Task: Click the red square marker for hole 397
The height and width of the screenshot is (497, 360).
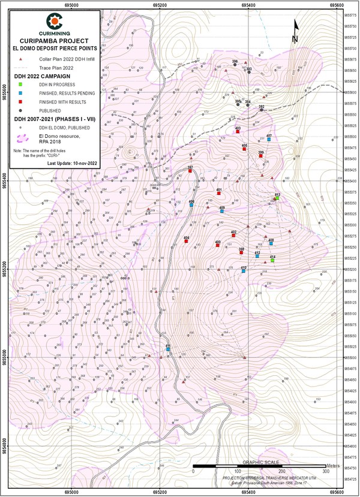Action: pyautogui.click(x=190, y=171)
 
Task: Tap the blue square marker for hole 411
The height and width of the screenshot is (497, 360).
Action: pyautogui.click(x=169, y=349)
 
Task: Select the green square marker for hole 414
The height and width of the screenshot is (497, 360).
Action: pyautogui.click(x=272, y=261)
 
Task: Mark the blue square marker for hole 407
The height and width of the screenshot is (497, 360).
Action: pyautogui.click(x=269, y=139)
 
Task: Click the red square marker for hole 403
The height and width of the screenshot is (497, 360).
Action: pyautogui.click(x=238, y=132)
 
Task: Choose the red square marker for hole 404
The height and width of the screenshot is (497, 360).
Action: pyautogui.click(x=187, y=242)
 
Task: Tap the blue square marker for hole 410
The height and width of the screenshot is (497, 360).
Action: pyautogui.click(x=244, y=271)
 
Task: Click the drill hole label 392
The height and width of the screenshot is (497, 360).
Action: pyautogui.click(x=262, y=107)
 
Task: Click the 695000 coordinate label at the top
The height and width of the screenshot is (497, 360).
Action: pyautogui.click(x=71, y=5)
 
